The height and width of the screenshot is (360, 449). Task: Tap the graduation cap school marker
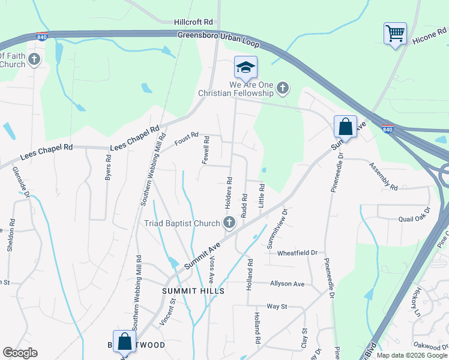click(x=246, y=68)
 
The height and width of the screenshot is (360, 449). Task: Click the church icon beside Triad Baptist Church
click(x=229, y=224)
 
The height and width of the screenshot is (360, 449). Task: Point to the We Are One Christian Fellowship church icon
click(x=283, y=89)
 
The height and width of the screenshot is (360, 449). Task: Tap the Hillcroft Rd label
click(x=193, y=22)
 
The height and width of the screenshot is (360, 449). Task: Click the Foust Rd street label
click(x=186, y=138)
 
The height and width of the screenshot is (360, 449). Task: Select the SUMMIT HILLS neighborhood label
click(x=193, y=290)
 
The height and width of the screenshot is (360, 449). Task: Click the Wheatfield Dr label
click(x=297, y=253)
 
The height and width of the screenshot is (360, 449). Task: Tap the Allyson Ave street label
click(x=288, y=283)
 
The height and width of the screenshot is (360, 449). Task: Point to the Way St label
click(x=277, y=306)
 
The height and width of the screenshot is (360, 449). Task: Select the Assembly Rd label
click(x=384, y=176)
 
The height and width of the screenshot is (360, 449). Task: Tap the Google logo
click(x=20, y=353)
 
